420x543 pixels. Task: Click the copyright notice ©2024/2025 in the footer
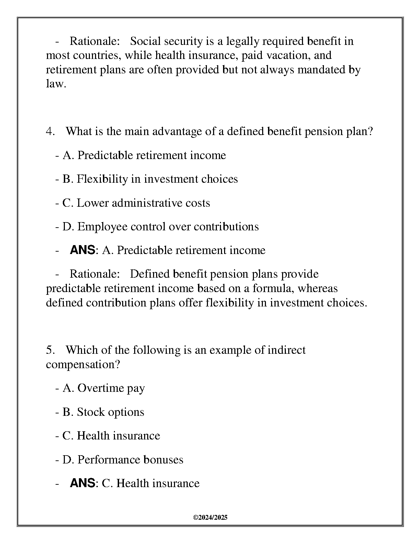210,518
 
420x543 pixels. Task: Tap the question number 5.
50,350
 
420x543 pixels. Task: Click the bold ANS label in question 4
82,250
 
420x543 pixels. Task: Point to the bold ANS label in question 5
82,483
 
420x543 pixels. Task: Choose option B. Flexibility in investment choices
150,179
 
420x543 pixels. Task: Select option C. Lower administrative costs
136,203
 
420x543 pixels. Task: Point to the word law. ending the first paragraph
56,84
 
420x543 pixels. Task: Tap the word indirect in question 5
286,350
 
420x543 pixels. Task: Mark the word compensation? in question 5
83,364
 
